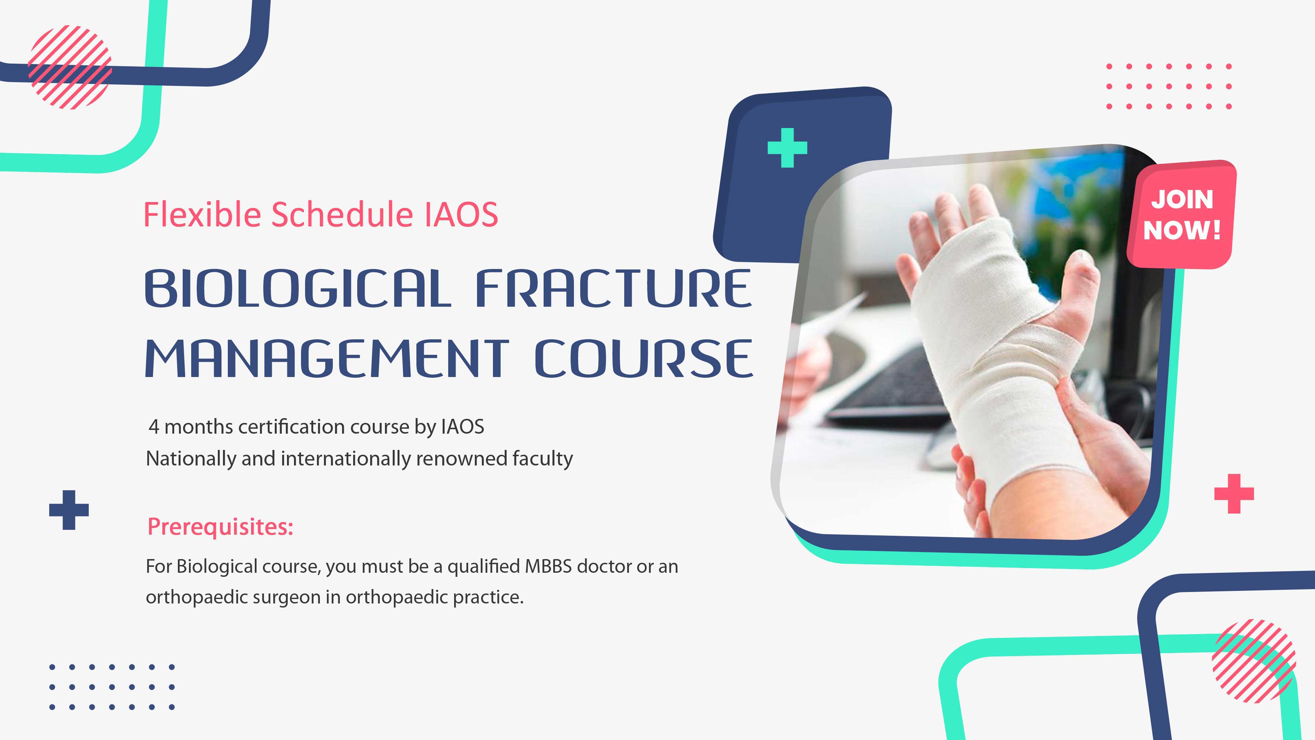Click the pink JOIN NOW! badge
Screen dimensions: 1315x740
click(x=1182, y=215)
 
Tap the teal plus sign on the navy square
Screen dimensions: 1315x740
click(x=787, y=148)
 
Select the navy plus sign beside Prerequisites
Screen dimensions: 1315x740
click(x=69, y=510)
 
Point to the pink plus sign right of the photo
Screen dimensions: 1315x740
click(x=1234, y=493)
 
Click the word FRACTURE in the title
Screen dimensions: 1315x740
click(x=613, y=289)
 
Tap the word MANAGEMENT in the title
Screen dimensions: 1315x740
click(x=327, y=359)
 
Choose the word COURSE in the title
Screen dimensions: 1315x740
click(x=644, y=359)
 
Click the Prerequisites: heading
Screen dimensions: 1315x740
click(x=220, y=527)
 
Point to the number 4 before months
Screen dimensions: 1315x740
click(x=154, y=427)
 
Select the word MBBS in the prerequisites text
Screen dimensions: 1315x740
click(x=548, y=566)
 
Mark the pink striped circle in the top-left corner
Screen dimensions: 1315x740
click(x=70, y=67)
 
